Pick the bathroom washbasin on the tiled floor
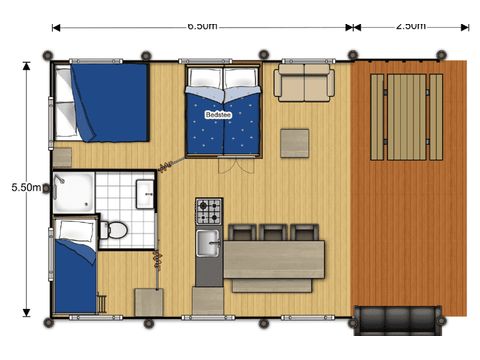(145, 192)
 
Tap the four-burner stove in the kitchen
(209, 211)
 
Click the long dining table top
(273, 258)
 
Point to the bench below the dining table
(272, 286)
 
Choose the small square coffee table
(295, 143)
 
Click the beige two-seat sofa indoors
(304, 83)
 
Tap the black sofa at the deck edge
(398, 320)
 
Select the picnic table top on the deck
(407, 117)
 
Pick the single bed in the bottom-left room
(74, 275)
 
